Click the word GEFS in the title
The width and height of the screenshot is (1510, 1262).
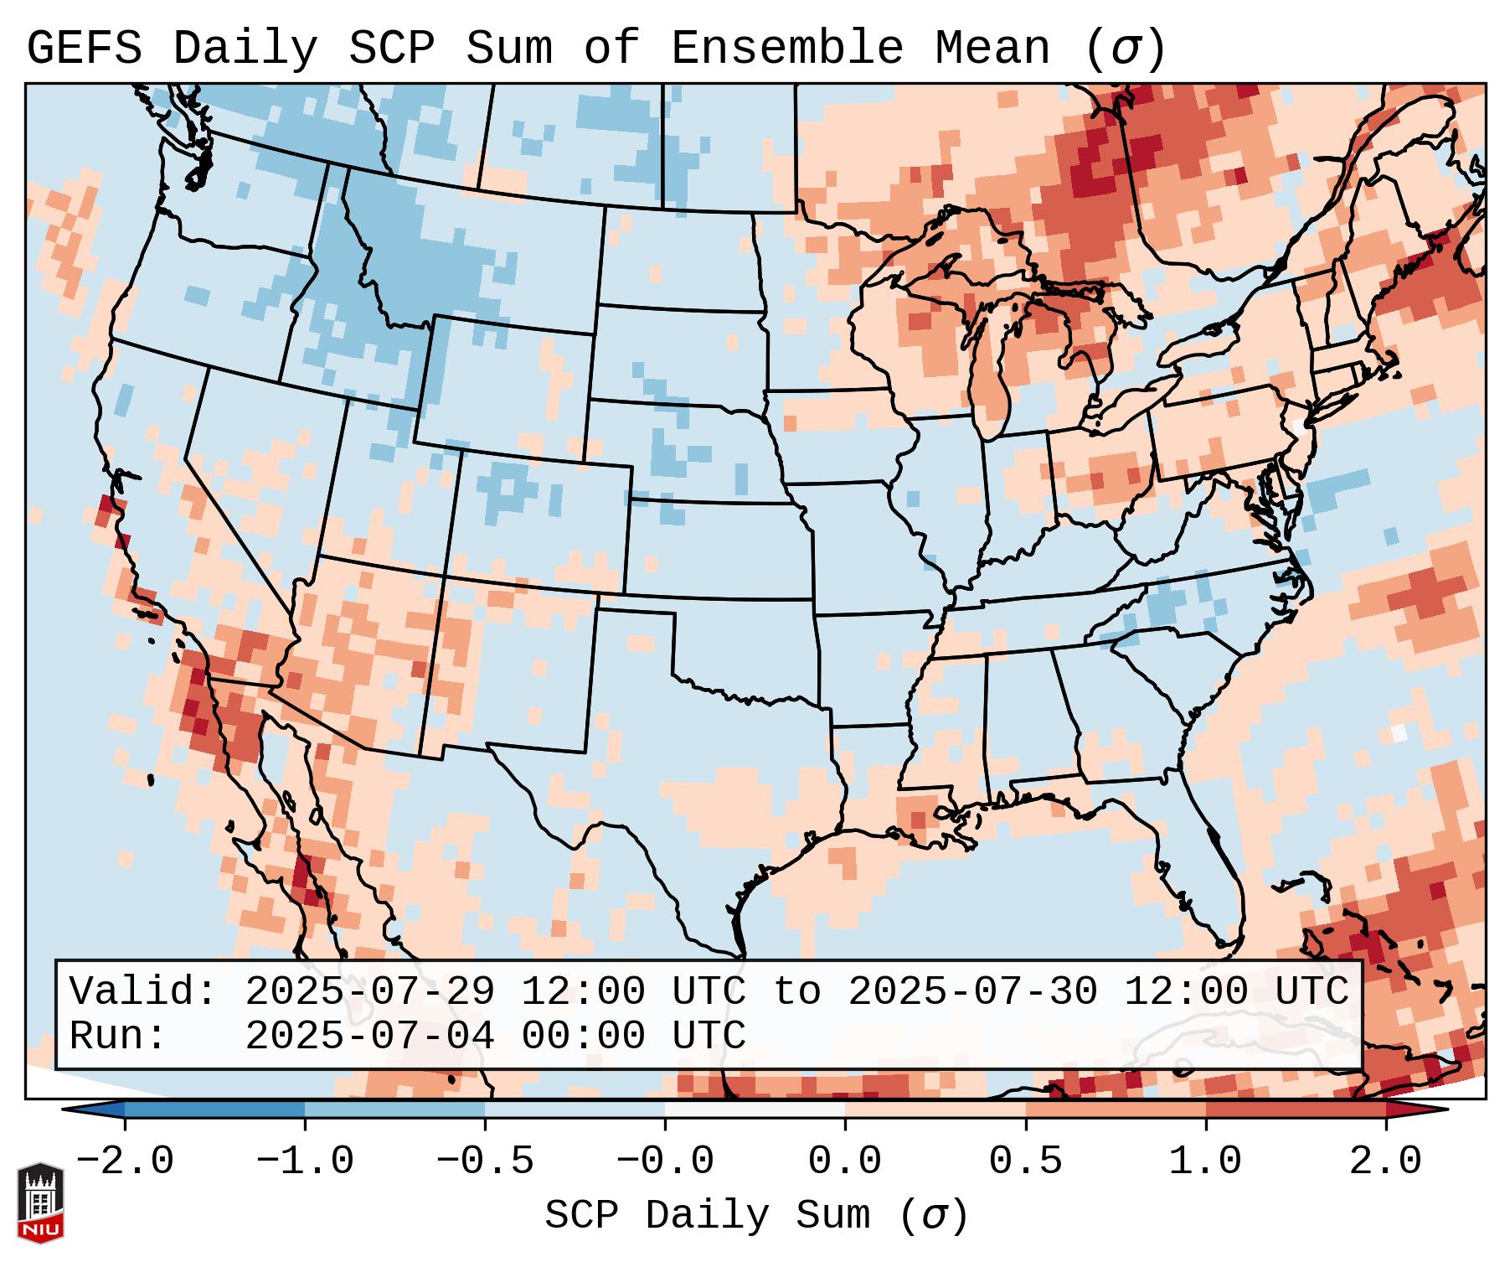(x=84, y=49)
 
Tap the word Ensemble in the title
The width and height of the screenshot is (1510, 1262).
(x=786, y=49)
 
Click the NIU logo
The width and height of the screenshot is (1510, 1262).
(x=40, y=1203)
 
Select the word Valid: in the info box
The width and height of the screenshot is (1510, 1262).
(x=143, y=992)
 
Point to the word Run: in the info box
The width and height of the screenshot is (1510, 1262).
(x=118, y=1036)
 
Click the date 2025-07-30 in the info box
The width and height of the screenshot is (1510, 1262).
(x=972, y=992)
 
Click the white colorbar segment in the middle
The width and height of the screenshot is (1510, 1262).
(x=755, y=1109)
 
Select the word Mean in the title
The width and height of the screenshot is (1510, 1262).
(x=992, y=49)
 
